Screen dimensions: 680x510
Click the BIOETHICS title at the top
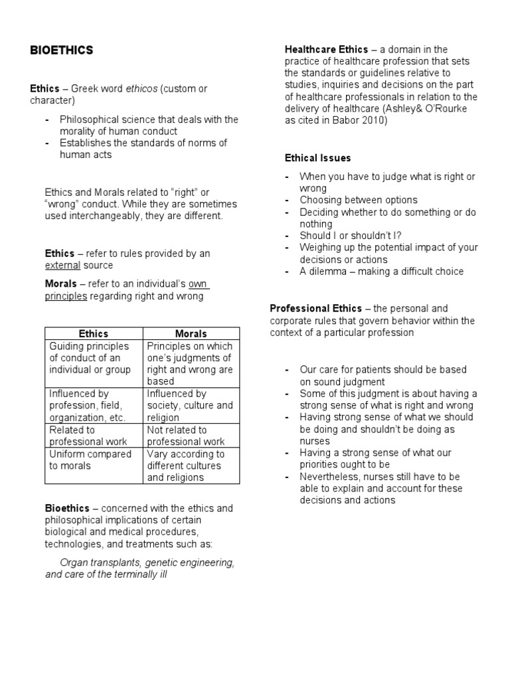click(x=62, y=50)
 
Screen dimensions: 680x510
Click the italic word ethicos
click(x=141, y=88)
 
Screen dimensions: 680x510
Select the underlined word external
click(x=62, y=266)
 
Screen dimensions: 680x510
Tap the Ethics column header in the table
click(x=93, y=333)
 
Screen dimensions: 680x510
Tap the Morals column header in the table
click(x=191, y=333)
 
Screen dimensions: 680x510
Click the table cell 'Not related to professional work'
click(x=191, y=436)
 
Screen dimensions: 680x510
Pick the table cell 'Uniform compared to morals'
click(x=93, y=460)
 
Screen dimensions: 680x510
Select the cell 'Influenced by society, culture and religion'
click(x=191, y=406)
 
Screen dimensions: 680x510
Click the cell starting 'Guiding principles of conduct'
click(x=93, y=358)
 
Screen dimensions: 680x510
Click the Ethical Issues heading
click(x=317, y=158)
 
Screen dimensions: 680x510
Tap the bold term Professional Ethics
click(x=316, y=308)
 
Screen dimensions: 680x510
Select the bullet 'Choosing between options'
click(x=358, y=200)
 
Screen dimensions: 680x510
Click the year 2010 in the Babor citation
click(x=376, y=121)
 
